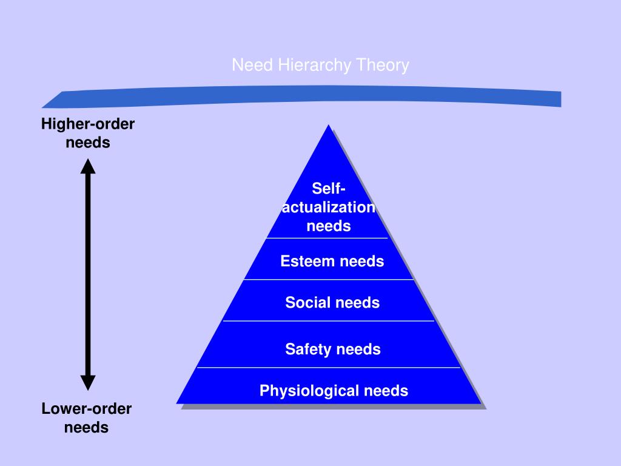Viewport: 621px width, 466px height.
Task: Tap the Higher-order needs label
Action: (x=88, y=133)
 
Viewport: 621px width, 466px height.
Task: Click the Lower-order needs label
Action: (x=86, y=418)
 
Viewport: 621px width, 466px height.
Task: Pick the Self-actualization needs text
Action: (x=329, y=207)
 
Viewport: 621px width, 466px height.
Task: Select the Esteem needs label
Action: (x=332, y=262)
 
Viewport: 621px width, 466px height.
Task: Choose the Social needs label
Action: (x=332, y=303)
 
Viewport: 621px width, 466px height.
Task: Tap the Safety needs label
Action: (x=333, y=349)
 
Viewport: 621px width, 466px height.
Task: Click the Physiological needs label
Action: (x=334, y=391)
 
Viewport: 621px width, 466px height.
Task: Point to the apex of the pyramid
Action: (x=328, y=125)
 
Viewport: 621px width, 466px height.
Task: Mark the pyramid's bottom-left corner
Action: (x=176, y=404)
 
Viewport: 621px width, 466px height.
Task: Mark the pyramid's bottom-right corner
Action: (x=481, y=404)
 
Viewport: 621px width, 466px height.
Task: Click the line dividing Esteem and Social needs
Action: (x=329, y=279)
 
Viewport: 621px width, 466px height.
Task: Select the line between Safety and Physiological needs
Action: (x=329, y=368)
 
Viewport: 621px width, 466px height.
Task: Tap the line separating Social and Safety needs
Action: (x=329, y=321)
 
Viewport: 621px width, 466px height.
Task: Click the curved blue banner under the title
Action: (x=301, y=96)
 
